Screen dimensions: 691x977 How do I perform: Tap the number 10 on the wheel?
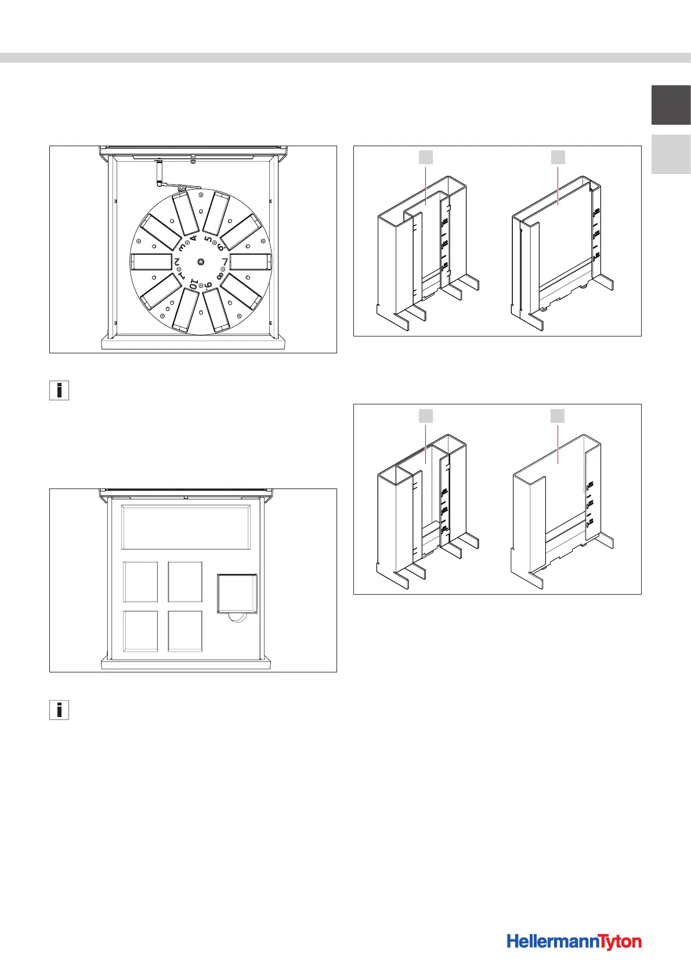(x=194, y=284)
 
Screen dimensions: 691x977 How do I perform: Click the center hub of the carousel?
(x=200, y=262)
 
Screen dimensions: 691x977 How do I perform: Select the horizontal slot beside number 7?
(x=251, y=262)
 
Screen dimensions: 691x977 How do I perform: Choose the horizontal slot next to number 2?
(x=151, y=262)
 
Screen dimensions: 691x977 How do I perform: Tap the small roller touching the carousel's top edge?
(x=182, y=187)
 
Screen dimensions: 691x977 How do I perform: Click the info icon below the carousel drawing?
(x=59, y=390)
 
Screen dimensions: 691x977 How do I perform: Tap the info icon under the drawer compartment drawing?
(x=59, y=710)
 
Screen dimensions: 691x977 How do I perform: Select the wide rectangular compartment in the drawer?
(x=186, y=527)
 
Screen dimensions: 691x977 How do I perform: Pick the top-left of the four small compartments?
(x=140, y=581)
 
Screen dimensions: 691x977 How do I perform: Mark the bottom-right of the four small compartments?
(x=185, y=631)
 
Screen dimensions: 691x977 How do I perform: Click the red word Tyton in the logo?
(x=619, y=942)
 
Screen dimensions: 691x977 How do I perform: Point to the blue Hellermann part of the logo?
(x=551, y=942)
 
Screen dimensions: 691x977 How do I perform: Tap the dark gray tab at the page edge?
(x=671, y=105)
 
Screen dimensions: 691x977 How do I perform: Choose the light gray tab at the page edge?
(x=671, y=154)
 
